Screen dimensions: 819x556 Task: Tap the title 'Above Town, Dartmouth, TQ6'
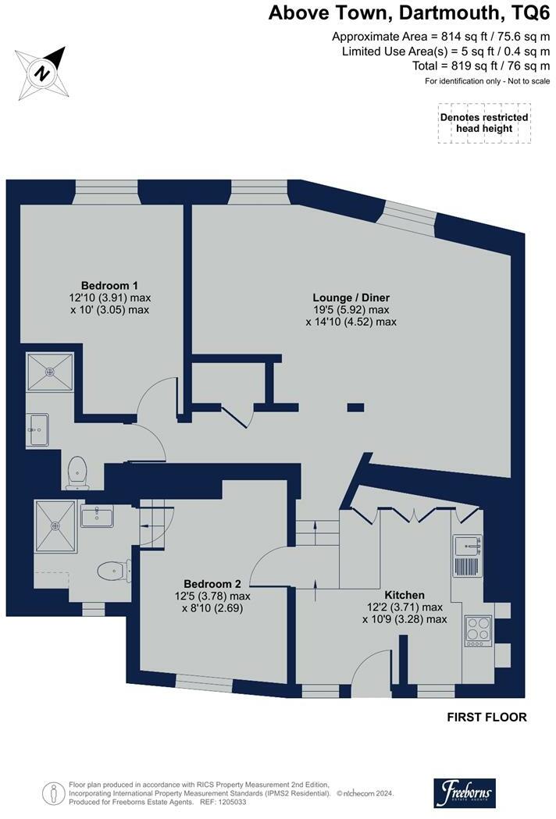pos(403,12)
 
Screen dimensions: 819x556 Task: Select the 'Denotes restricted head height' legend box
pos(484,123)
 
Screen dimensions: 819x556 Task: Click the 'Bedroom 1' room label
pos(109,285)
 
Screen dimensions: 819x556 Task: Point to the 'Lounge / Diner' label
pos(351,297)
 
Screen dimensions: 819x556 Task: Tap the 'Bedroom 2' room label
pos(212,583)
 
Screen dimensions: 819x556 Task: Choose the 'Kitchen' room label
pos(404,594)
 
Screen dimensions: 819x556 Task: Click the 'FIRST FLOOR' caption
pos(486,717)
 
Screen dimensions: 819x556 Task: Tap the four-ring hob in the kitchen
pos(476,630)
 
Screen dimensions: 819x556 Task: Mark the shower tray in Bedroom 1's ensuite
pos(50,372)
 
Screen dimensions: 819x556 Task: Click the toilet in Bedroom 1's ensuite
pos(77,471)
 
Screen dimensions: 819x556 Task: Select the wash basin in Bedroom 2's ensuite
pos(97,516)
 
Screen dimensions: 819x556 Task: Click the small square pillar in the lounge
pos(355,407)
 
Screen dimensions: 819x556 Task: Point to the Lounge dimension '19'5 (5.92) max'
pos(351,309)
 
